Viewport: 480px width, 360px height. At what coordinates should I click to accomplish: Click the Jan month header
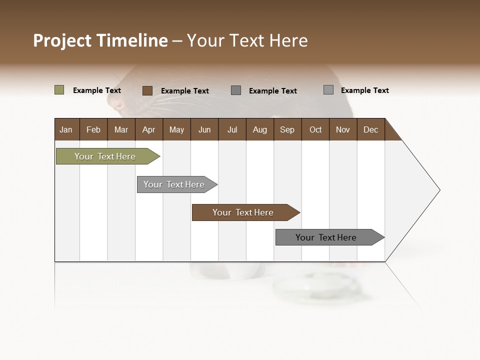coord(66,129)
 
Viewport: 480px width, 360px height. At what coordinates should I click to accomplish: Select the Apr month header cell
coord(149,129)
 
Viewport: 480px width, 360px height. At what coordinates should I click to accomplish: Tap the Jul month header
coord(232,129)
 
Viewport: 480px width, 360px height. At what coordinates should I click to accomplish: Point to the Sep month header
coord(287,129)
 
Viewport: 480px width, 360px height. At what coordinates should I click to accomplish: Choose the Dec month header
coord(370,129)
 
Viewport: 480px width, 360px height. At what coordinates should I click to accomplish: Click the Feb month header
coord(93,129)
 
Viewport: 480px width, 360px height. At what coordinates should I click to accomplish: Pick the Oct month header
coord(315,129)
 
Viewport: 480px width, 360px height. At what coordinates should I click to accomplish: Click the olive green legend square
coord(59,90)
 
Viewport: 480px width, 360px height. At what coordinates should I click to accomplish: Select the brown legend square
coord(147,90)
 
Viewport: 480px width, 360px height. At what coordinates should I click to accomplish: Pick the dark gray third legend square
coord(236,90)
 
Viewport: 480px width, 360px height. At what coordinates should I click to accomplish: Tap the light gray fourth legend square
coord(328,90)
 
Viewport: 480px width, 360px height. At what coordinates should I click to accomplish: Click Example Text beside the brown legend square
coord(184,91)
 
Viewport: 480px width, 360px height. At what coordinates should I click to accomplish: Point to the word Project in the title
coord(63,40)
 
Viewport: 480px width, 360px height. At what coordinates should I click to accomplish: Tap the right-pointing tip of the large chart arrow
coord(438,190)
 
